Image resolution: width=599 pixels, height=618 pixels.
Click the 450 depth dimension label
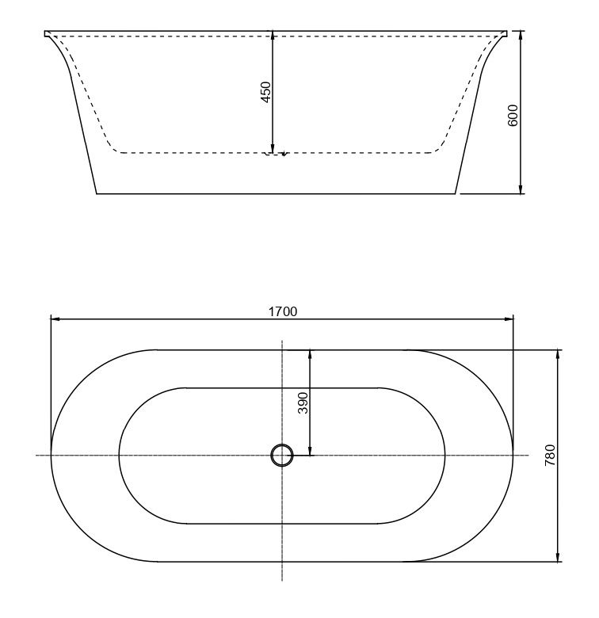pos(266,91)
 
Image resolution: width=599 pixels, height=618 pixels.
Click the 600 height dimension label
pos(513,116)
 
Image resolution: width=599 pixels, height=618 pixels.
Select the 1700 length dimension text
pos(282,311)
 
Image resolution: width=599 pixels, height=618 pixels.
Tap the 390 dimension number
pos(302,403)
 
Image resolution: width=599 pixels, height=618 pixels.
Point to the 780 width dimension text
pos(551,456)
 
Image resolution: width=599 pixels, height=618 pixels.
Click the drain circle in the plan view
pos(282,456)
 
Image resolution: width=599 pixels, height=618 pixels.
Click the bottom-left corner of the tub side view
pos(97,193)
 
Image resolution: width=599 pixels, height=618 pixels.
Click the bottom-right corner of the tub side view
pos(457,193)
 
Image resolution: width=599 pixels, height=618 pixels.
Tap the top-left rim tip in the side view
pos(45,32)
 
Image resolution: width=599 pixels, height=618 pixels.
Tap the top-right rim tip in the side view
pos(508,32)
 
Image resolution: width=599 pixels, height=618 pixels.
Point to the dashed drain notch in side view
pos(275,154)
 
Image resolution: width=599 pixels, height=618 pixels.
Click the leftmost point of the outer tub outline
pos(51,456)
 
